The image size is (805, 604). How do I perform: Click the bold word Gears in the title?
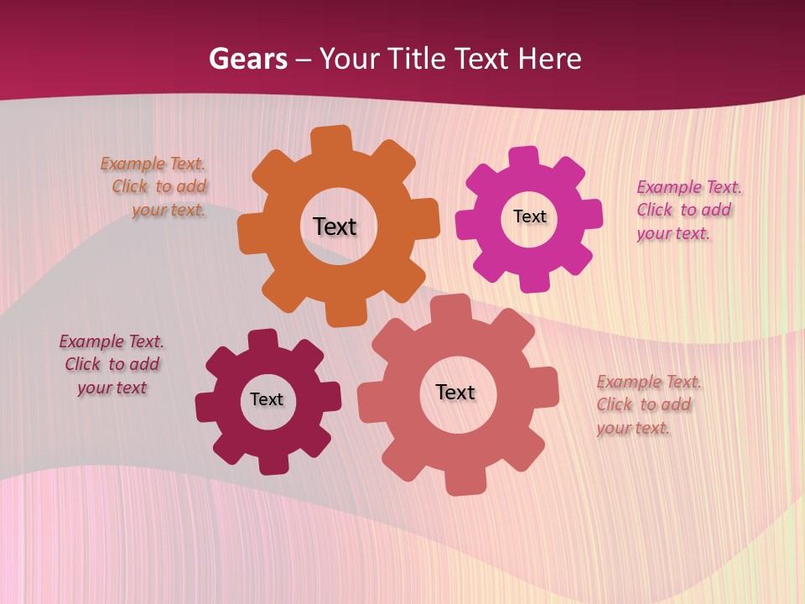(247, 59)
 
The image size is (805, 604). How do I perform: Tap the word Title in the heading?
(417, 59)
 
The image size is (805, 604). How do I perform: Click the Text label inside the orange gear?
(335, 226)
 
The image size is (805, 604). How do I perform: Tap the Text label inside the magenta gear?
(529, 216)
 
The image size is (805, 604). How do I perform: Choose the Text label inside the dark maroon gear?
(267, 399)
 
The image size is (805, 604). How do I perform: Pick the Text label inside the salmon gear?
(455, 392)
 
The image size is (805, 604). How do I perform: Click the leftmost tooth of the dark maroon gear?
(206, 407)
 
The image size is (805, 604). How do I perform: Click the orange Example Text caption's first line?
(153, 164)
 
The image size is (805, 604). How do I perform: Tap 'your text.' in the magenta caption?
(673, 233)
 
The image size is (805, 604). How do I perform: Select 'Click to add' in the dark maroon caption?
(112, 364)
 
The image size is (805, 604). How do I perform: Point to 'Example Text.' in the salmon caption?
(649, 382)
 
